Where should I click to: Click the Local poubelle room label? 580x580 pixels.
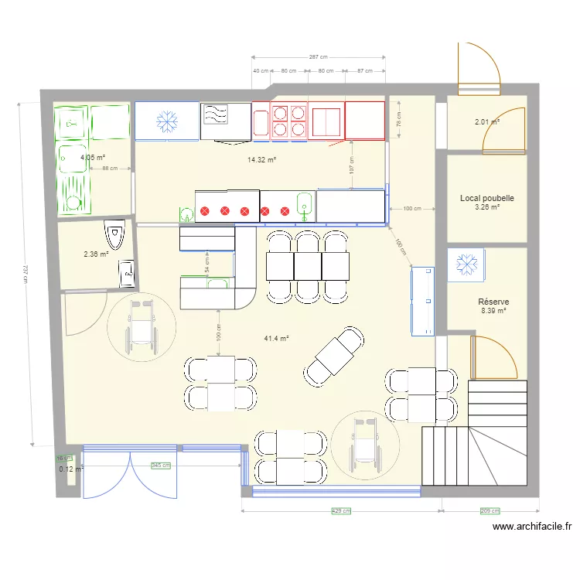pyautogui.click(x=487, y=199)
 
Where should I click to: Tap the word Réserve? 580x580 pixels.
pyautogui.click(x=493, y=302)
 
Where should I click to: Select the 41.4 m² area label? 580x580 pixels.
pyautogui.click(x=276, y=339)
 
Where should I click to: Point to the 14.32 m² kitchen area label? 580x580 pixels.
pyautogui.click(x=262, y=160)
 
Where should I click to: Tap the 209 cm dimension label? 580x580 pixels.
pyautogui.click(x=490, y=511)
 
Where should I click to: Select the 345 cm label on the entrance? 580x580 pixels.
pyautogui.click(x=161, y=466)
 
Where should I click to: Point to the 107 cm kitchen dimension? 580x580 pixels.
pyautogui.click(x=352, y=164)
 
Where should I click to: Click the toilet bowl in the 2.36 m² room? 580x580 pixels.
pyautogui.click(x=114, y=233)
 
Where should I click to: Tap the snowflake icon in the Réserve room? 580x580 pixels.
pyautogui.click(x=466, y=264)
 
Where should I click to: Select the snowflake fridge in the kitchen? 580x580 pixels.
pyautogui.click(x=166, y=121)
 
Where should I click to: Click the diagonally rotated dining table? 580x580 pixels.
pyautogui.click(x=333, y=357)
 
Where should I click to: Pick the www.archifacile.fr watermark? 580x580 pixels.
pyautogui.click(x=532, y=527)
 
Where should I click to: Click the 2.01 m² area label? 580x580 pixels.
pyautogui.click(x=487, y=121)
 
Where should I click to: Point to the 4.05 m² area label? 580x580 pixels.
pyautogui.click(x=92, y=157)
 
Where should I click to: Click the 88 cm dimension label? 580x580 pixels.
pyautogui.click(x=109, y=168)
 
